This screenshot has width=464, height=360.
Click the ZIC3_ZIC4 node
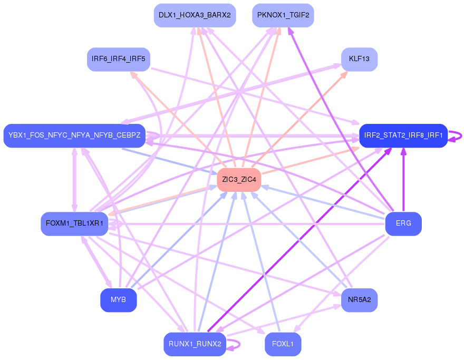[239, 180]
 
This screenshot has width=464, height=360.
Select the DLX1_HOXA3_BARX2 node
[195, 15]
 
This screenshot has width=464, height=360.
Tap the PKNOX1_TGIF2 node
[283, 15]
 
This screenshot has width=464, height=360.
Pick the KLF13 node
[359, 59]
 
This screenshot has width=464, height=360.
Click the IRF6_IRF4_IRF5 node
[118, 59]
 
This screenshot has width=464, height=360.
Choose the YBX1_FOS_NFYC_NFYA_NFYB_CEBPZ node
[74, 136]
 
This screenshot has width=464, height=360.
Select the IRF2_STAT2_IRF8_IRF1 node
[403, 136]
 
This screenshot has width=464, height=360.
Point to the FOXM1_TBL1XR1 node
[74, 223]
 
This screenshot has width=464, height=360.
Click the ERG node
[403, 223]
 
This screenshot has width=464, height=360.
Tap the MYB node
[118, 300]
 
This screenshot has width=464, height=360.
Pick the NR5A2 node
[359, 300]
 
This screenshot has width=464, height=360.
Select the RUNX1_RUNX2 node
[195, 344]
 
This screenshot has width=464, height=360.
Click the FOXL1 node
[283, 344]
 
